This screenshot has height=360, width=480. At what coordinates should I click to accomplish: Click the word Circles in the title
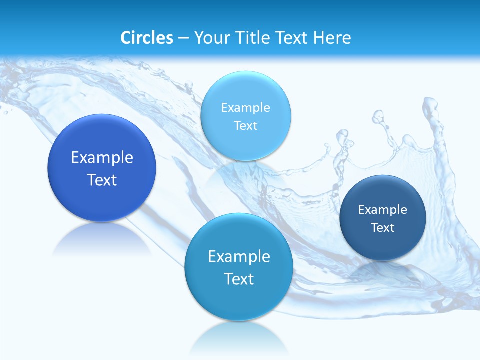pyautogui.click(x=147, y=38)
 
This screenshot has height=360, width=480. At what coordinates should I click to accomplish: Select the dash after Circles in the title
pyautogui.click(x=183, y=38)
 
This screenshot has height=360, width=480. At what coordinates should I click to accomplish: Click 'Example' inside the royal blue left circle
pyautogui.click(x=102, y=158)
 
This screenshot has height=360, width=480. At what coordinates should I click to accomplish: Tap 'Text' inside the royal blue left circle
pyautogui.click(x=102, y=180)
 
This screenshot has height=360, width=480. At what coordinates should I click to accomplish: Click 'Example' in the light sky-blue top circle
pyautogui.click(x=245, y=108)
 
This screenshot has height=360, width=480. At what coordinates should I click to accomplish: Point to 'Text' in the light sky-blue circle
pyautogui.click(x=245, y=125)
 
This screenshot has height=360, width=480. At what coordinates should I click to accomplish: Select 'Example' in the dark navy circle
pyautogui.click(x=383, y=210)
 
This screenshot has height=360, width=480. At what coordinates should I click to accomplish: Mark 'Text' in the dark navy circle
pyautogui.click(x=383, y=228)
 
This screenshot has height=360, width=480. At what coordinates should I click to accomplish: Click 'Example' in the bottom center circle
pyautogui.click(x=239, y=257)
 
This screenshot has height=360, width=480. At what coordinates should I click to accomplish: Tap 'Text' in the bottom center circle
pyautogui.click(x=239, y=279)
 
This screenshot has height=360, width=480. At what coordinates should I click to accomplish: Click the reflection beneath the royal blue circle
pyautogui.click(x=102, y=239)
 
